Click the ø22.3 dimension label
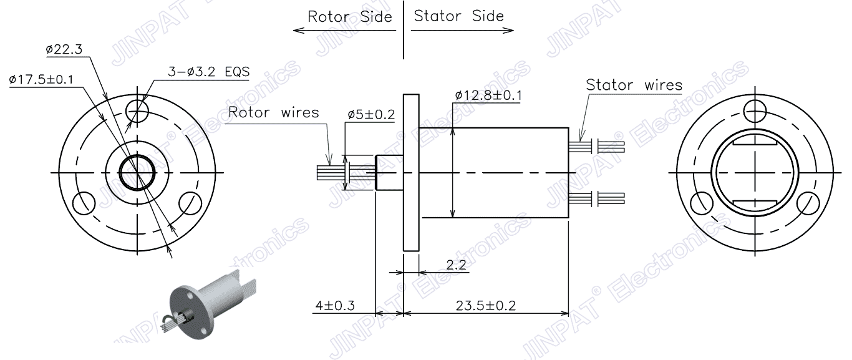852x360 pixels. point(67,49)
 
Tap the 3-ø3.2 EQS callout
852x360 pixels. point(208,72)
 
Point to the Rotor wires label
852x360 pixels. point(274,112)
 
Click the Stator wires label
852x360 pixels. point(634,85)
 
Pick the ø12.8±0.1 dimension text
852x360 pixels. point(488,95)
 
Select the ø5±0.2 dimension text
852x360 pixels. point(372,115)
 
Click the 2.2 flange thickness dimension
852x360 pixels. point(457,265)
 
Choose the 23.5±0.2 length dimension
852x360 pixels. point(486,306)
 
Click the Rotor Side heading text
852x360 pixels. point(350,16)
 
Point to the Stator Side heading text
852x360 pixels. point(459,16)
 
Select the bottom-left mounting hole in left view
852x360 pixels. point(84,202)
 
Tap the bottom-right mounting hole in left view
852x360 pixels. point(189,202)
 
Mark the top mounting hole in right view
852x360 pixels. point(755,110)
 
